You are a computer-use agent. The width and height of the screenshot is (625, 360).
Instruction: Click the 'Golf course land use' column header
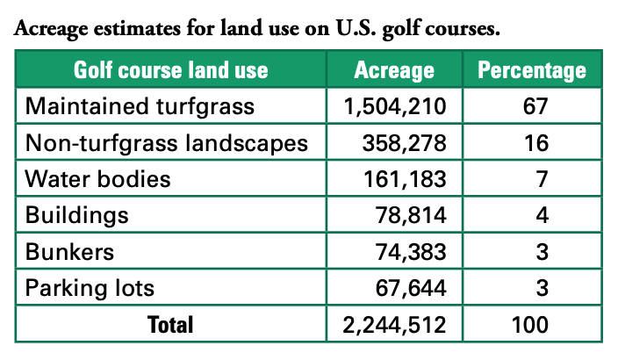[170, 70]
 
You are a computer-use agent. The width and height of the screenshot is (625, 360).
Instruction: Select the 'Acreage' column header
[394, 70]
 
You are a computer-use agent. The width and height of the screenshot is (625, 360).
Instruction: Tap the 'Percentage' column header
[531, 70]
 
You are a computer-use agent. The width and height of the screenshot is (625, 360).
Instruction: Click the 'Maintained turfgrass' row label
[140, 107]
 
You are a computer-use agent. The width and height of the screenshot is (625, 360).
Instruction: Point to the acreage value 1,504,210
[396, 107]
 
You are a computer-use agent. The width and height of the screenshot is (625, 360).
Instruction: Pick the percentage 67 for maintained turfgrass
[531, 107]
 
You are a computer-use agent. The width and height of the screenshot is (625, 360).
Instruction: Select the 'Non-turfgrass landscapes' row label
[167, 143]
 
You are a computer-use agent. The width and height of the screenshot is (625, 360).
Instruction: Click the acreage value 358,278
[405, 143]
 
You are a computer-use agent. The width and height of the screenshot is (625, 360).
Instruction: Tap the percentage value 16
[531, 143]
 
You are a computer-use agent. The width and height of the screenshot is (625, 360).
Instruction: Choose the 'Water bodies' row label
[97, 180]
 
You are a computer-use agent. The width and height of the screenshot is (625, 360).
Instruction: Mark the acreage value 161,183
[405, 180]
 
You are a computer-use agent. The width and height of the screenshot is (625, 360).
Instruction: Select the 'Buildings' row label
[77, 216]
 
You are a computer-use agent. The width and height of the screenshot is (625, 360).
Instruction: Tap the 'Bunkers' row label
[71, 252]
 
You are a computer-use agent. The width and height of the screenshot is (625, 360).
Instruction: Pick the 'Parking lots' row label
[90, 288]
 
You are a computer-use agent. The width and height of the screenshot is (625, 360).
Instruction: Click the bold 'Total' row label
[170, 324]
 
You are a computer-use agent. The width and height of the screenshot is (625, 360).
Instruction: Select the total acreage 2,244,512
[396, 324]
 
